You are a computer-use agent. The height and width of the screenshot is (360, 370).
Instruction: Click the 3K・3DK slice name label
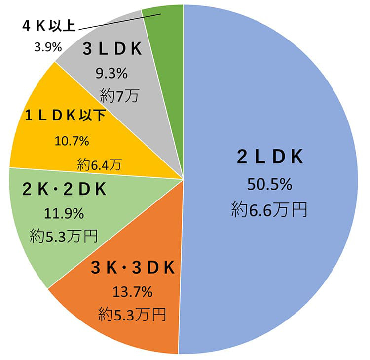(x=133, y=268)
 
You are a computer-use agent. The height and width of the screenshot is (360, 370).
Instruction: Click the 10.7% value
(x=72, y=141)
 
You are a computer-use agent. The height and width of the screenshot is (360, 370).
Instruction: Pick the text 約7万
(x=118, y=95)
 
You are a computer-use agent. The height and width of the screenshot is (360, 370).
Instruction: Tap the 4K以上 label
(x=49, y=26)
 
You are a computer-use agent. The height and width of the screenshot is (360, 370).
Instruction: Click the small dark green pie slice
(x=167, y=30)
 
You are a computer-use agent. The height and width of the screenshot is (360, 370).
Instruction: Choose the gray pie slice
(x=148, y=114)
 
